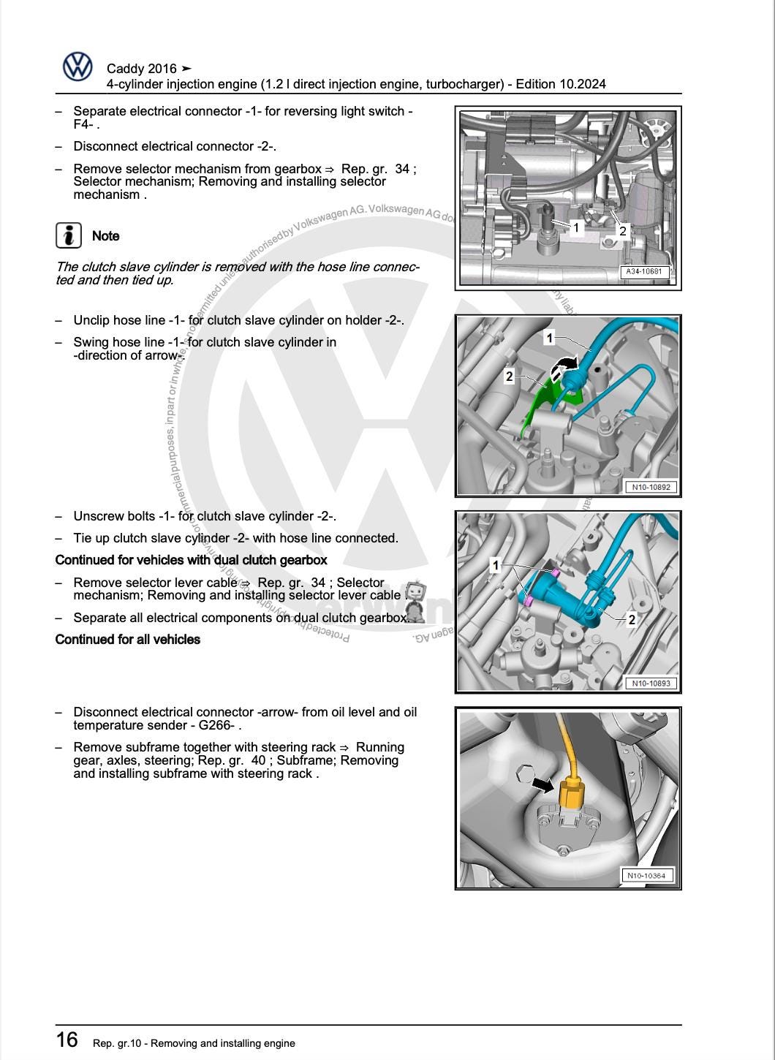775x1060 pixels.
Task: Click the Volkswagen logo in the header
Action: point(77,67)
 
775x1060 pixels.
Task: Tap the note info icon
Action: point(69,235)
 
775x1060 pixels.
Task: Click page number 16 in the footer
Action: point(67,1040)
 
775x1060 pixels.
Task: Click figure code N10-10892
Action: point(651,487)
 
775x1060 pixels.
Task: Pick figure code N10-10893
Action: point(651,684)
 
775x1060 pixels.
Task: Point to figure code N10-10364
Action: point(648,875)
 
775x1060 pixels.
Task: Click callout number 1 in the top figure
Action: point(575,227)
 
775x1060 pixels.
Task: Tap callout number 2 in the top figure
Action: point(622,231)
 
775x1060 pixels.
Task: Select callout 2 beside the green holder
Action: point(509,376)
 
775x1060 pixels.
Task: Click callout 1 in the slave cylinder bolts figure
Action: point(496,565)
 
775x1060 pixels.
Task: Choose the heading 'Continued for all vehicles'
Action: point(128,640)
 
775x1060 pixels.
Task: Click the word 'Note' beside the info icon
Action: point(105,236)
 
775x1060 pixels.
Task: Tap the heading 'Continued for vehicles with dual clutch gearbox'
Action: point(191,560)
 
